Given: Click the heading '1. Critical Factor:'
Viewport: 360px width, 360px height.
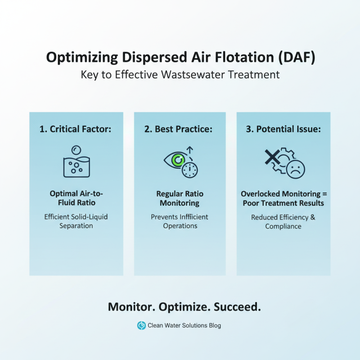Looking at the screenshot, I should [76, 129].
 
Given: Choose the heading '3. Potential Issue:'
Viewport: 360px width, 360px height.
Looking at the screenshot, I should [283, 129].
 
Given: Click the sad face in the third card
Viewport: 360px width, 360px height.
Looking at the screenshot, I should [296, 169].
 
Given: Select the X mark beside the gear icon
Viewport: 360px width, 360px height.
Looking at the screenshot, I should [271, 158].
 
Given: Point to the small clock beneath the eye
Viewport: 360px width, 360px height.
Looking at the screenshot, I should [190, 169].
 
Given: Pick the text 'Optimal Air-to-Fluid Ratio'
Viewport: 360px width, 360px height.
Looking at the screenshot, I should [76, 198].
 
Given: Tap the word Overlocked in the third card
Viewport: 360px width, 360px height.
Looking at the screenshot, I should [262, 194].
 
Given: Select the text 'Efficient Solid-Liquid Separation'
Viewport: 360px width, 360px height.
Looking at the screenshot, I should [76, 221].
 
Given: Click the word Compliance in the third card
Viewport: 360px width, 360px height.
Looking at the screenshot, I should [283, 226].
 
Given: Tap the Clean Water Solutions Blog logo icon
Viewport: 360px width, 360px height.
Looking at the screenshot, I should [141, 325].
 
